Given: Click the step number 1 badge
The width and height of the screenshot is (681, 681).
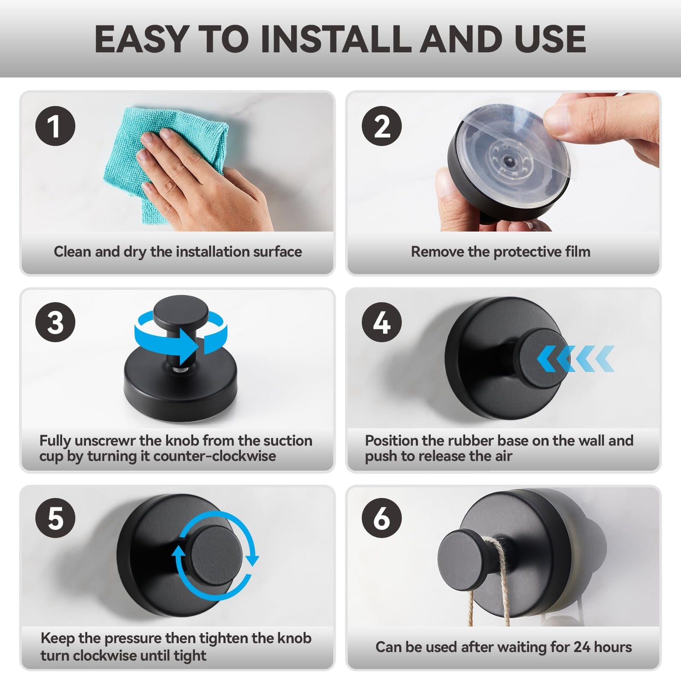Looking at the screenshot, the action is point(55,126).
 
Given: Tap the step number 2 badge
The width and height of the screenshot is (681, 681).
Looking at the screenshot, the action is point(382,126).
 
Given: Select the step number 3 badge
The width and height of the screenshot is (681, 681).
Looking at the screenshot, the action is point(55,322).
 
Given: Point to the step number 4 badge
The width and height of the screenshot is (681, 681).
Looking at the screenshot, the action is point(382,322).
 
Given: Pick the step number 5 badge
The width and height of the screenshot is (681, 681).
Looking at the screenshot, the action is point(55,518).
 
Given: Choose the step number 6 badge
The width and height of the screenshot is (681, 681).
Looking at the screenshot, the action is point(382,518).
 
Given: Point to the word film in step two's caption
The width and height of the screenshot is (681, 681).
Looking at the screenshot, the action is point(577,252).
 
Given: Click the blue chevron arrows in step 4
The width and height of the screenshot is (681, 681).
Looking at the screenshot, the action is point(575,359).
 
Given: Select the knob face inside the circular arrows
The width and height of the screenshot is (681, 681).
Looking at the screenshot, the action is point(216,556).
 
